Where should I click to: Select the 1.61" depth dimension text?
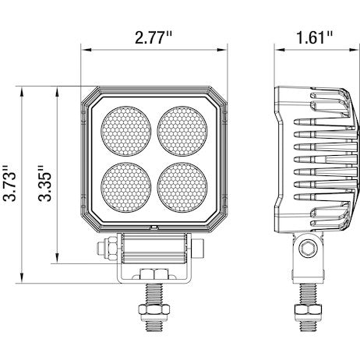point(314,37)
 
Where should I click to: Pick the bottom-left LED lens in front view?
point(127,185)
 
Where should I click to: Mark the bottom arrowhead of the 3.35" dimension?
point(59,264)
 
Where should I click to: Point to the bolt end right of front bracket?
point(201,250)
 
